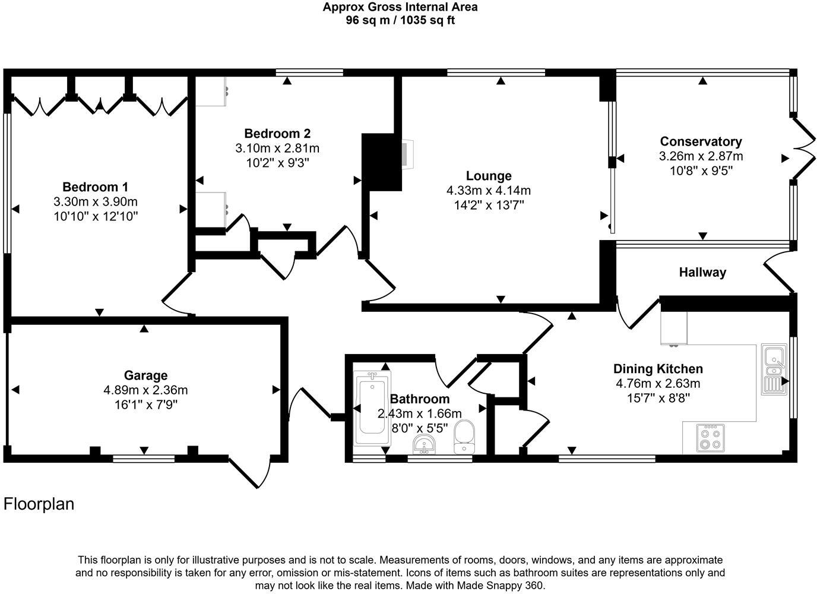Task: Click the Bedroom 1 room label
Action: pos(95,187)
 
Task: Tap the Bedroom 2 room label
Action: pos(277,134)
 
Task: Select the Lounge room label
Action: pos(488,176)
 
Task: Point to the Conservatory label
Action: pos(701,142)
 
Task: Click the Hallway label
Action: pos(702,273)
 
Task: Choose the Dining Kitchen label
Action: pos(657,369)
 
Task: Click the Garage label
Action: pos(145,375)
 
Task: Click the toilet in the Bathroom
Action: pos(464,437)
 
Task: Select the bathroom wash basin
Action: pos(424,443)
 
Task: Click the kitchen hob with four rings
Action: pos(710,437)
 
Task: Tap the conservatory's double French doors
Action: pos(805,148)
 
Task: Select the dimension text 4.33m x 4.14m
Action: pos(488,191)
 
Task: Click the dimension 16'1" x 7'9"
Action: pos(145,405)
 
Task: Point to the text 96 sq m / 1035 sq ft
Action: pos(400,20)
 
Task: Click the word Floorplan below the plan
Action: pos(39,504)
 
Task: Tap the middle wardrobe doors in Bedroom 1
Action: pos(99,106)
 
